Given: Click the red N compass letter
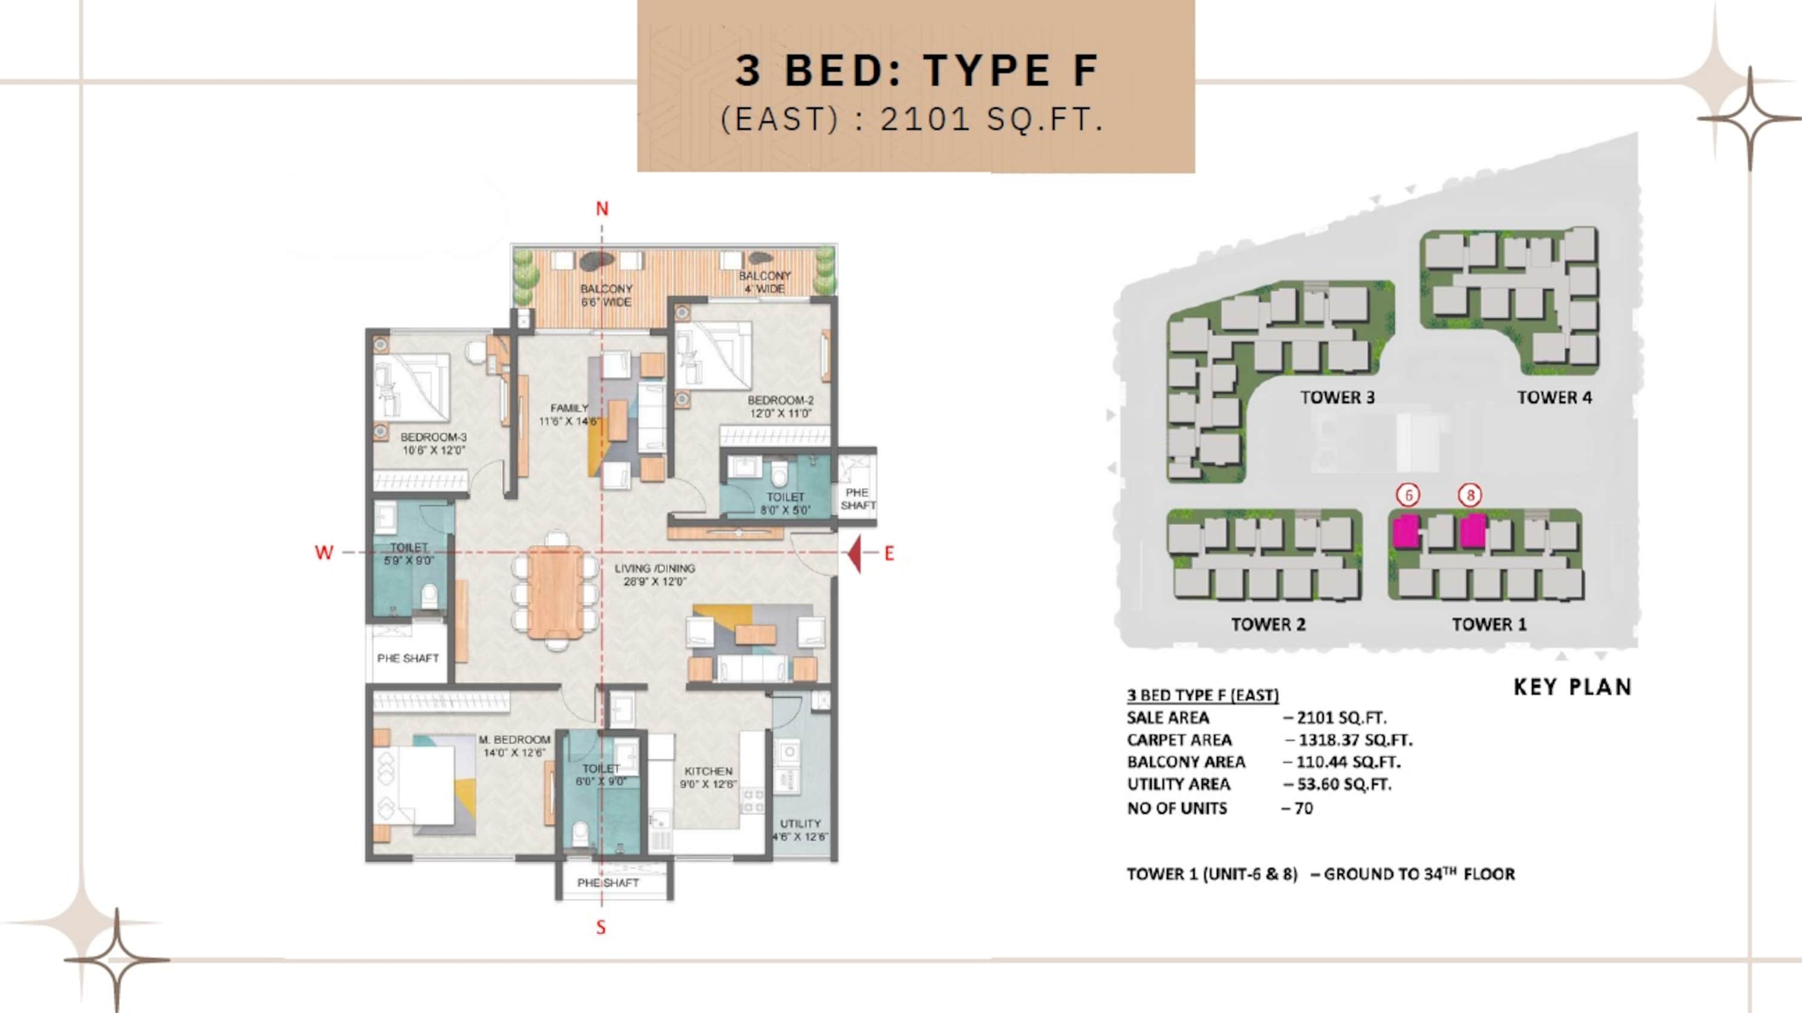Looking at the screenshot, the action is [x=602, y=208].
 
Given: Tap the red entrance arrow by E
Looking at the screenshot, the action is [x=854, y=553].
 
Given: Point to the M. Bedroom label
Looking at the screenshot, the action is [x=515, y=746].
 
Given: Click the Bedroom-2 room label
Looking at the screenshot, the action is [x=781, y=406].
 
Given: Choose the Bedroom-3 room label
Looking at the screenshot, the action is [x=434, y=443].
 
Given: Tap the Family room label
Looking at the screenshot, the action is [x=569, y=414].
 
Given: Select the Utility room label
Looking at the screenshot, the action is [x=800, y=830].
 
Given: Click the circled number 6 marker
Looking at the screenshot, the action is [x=1408, y=495].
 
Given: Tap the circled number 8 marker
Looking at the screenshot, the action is [x=1470, y=495].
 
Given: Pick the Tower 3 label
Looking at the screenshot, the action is [x=1338, y=397].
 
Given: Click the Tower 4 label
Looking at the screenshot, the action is [x=1555, y=397].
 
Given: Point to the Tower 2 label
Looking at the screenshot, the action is [x=1268, y=624].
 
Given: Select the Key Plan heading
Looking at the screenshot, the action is [x=1573, y=686].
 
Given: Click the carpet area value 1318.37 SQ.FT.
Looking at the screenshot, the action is [x=1356, y=740].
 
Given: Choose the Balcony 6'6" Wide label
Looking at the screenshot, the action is [x=606, y=295].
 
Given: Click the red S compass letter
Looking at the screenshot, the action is [x=601, y=928].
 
